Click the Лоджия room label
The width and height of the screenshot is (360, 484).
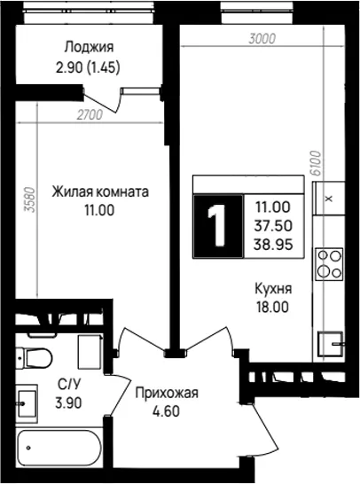89,48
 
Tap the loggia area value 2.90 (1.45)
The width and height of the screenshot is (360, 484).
88,67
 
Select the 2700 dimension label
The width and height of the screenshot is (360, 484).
90,115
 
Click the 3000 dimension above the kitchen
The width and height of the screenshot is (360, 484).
262,39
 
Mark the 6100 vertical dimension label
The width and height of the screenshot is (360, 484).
317,163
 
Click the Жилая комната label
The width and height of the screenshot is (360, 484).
100,191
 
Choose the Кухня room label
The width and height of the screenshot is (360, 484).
273,289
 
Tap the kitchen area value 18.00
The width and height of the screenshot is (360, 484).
272,307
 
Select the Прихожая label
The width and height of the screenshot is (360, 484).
167,394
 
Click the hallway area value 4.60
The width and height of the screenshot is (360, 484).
166,411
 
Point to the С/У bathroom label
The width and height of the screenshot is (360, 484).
68,385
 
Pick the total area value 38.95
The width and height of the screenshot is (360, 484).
273,245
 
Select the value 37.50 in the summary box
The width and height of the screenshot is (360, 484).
273,226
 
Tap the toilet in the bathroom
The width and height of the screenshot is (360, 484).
34,358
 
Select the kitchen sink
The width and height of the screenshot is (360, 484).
331,344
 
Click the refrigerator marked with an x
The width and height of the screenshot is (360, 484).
329,198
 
